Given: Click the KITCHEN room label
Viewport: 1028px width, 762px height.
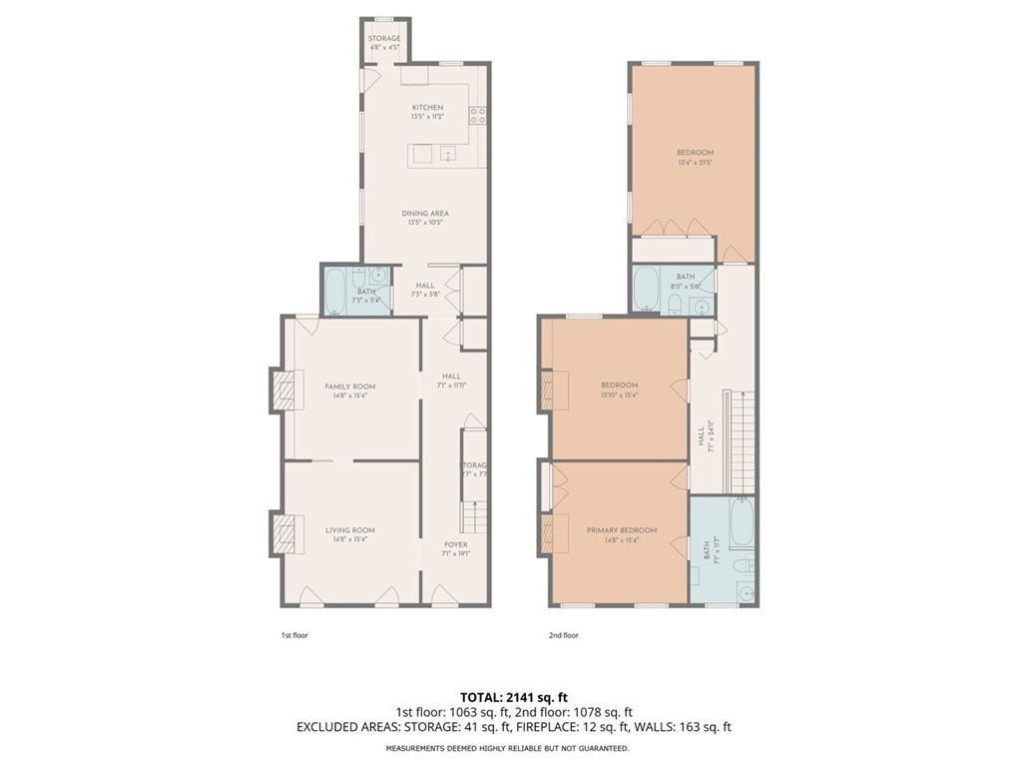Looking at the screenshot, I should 427,107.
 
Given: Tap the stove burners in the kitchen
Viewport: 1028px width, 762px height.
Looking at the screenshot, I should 477,115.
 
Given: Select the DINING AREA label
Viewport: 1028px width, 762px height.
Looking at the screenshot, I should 425,213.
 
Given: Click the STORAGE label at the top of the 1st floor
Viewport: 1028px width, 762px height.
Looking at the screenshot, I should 384,38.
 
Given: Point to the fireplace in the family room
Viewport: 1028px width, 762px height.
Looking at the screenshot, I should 286,389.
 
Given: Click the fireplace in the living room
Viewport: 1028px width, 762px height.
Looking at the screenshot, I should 286,533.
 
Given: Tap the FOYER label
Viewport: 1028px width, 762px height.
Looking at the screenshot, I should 455,544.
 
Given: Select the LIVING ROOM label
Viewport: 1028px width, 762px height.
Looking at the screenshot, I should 349,530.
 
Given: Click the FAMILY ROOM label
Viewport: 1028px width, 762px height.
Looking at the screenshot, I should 349,385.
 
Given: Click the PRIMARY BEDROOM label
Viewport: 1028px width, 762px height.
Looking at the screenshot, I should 622,530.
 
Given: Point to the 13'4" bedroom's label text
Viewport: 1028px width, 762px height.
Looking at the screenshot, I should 695,153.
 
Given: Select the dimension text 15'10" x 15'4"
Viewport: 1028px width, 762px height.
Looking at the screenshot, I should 619,394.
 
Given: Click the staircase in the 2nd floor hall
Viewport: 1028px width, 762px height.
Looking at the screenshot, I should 743,439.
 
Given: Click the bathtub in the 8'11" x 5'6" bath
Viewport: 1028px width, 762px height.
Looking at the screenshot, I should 647,290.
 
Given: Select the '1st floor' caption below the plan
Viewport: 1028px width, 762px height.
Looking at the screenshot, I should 294,635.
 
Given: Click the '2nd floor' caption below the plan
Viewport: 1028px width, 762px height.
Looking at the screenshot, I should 564,635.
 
